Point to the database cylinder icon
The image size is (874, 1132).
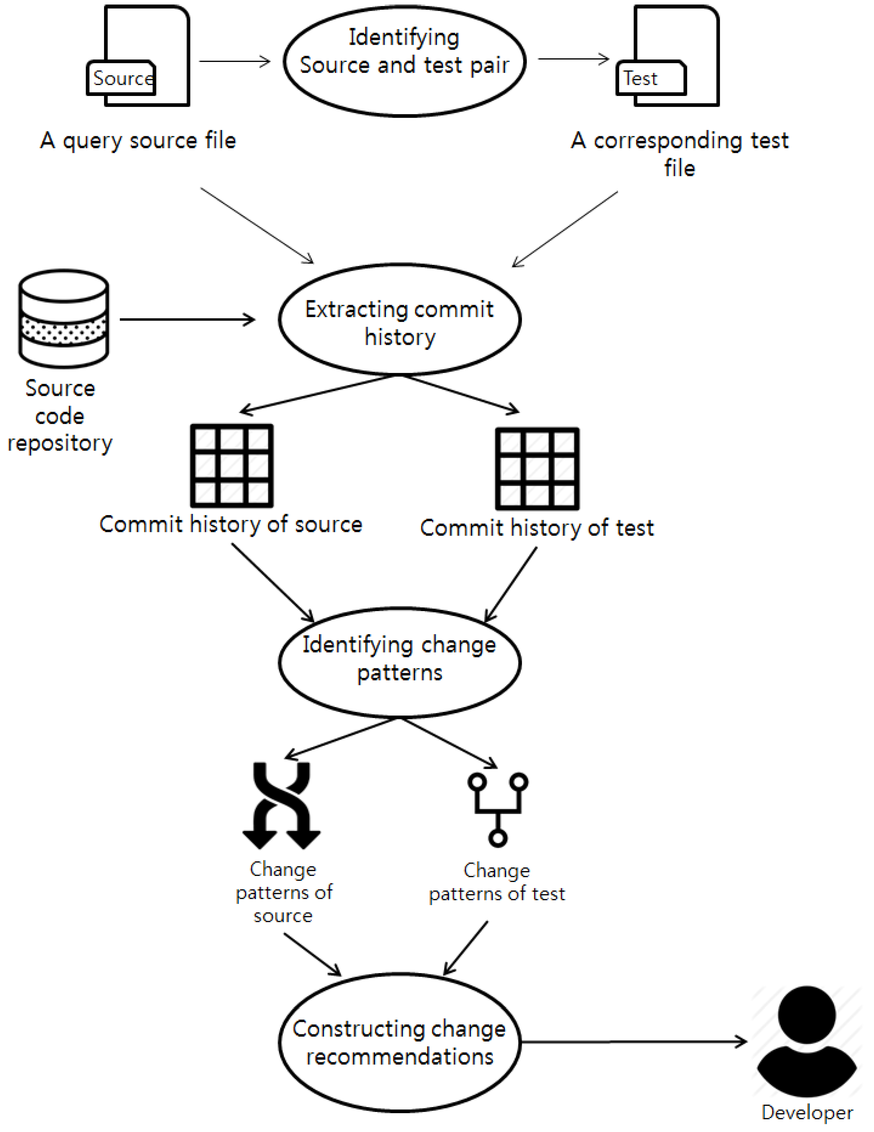click(x=64, y=318)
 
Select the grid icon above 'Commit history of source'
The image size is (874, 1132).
click(x=232, y=466)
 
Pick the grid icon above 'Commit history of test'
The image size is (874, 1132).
click(x=537, y=468)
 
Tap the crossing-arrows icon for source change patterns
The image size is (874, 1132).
click(x=281, y=805)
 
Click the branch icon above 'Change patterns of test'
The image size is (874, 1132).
click(x=498, y=810)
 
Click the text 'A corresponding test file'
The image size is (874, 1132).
click(x=680, y=154)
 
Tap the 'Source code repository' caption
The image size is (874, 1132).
click(x=60, y=416)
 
